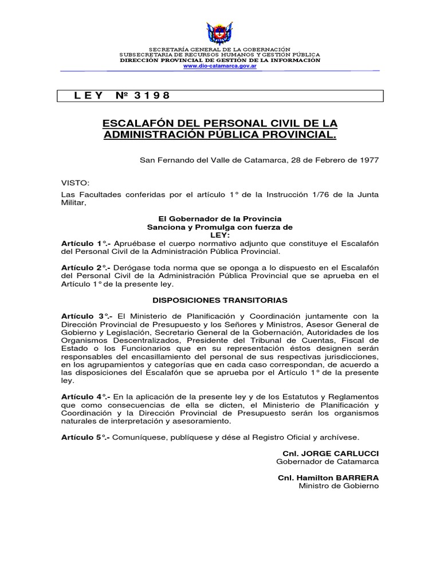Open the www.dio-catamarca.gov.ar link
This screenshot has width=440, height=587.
219,66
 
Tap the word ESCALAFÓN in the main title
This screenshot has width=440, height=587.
135,124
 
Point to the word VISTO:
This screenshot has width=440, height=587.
76,183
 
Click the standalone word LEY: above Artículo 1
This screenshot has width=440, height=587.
220,235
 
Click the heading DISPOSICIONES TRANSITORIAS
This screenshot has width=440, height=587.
220,300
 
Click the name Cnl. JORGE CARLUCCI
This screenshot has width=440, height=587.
331,453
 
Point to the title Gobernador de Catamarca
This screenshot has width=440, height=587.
327,461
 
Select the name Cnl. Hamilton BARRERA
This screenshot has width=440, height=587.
328,478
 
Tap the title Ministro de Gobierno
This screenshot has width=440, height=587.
339,486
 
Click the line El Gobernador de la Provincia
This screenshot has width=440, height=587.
220,219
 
